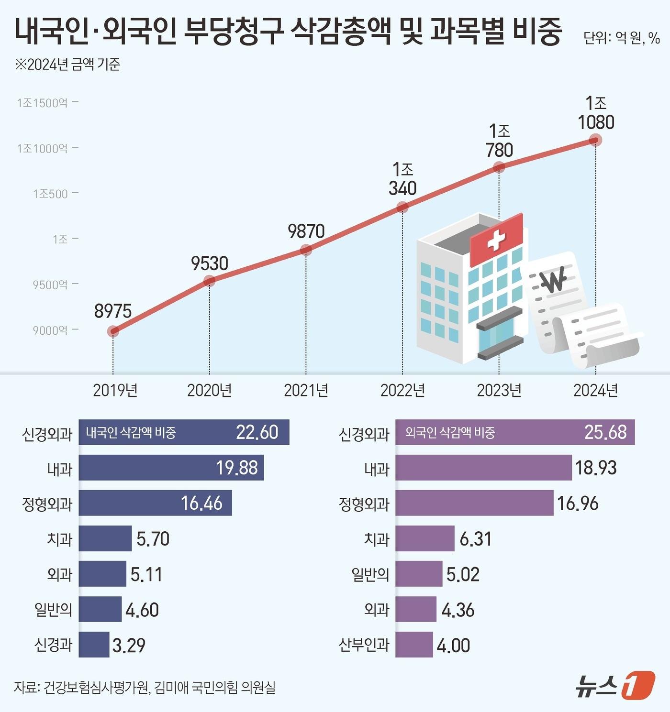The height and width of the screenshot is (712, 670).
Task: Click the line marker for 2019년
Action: point(113,331)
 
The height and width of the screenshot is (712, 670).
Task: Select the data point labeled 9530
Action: point(209,281)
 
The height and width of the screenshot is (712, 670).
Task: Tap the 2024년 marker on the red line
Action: point(595,140)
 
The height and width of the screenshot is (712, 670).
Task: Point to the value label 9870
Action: point(306,231)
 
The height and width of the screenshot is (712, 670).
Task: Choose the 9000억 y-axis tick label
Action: point(50,330)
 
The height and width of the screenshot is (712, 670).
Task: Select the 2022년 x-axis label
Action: point(402,390)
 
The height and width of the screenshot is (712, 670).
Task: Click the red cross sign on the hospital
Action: point(496,240)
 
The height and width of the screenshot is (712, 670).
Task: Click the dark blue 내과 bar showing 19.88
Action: point(171,468)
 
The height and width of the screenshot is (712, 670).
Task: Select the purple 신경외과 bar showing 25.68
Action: point(514,432)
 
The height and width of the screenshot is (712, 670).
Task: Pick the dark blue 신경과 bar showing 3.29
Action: point(94,645)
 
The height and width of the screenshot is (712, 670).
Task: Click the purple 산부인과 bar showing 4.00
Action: point(414,645)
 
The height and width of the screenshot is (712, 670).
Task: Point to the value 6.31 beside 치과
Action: point(475,539)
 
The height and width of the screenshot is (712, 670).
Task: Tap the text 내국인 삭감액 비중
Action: point(131,433)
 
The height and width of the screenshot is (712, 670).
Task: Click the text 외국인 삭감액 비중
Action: point(450,433)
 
